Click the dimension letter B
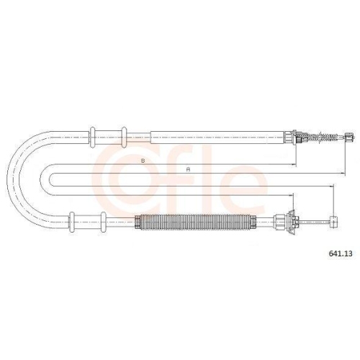click(143, 161)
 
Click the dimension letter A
click(189, 169)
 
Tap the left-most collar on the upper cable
click(92, 137)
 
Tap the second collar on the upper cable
click(124, 137)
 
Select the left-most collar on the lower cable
click(71, 222)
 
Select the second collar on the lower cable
click(103, 222)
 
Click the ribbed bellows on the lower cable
click(195, 222)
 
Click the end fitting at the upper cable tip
click(349, 138)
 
